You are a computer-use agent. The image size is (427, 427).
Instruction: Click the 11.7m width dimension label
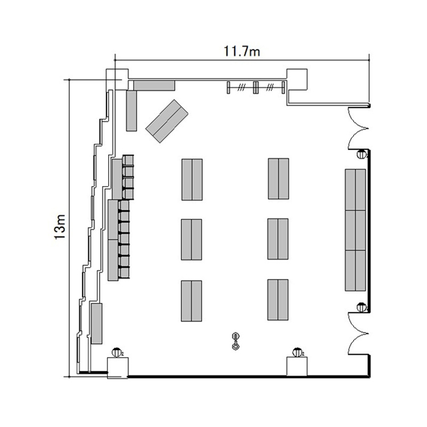pyautogui.click(x=242, y=51)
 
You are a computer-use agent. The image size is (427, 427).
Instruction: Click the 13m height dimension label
pyautogui.click(x=60, y=227)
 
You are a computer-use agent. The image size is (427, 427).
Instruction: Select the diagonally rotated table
pyautogui.click(x=167, y=121)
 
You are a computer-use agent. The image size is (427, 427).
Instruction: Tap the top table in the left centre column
pyautogui.click(x=192, y=180)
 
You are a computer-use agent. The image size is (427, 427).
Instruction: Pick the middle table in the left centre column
pyautogui.click(x=191, y=240)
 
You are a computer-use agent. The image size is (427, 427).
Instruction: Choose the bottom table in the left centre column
pyautogui.click(x=191, y=301)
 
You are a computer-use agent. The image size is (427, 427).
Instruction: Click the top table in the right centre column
pyautogui.click(x=278, y=179)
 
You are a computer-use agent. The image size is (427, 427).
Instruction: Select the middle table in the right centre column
pyautogui.click(x=278, y=239)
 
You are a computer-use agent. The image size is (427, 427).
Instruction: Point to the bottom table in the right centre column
pyautogui.click(x=278, y=299)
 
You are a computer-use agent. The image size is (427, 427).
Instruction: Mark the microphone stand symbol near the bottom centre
pyautogui.click(x=235, y=341)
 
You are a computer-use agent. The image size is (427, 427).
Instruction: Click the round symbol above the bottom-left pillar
pyautogui.click(x=116, y=352)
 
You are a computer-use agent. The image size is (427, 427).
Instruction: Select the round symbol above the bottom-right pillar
pyautogui.click(x=297, y=352)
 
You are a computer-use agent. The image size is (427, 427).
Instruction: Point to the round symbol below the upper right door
pyautogui.click(x=362, y=154)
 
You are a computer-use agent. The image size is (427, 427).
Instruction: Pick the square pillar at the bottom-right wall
pyautogui.click(x=297, y=367)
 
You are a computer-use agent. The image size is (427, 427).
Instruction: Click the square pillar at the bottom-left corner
pyautogui.click(x=118, y=368)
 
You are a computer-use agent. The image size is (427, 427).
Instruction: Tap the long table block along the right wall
pyautogui.click(x=355, y=230)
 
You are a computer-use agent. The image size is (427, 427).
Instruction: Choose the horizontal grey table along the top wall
pyautogui.click(x=154, y=85)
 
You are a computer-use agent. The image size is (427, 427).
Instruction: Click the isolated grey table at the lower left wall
pyautogui.click(x=97, y=323)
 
